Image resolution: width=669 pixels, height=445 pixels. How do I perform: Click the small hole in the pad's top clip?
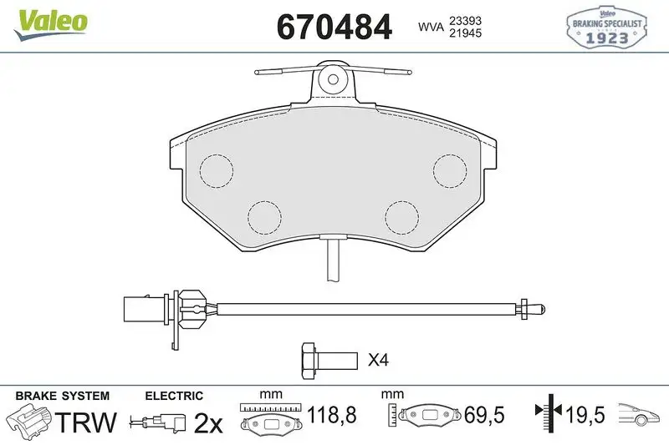point(333,80)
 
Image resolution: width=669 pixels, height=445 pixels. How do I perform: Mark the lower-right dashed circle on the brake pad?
point(401,218)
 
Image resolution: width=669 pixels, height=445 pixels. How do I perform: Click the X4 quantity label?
point(379,361)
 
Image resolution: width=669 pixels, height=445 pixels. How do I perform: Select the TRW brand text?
point(86,422)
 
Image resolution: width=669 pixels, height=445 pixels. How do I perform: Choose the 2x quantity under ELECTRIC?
point(207,423)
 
